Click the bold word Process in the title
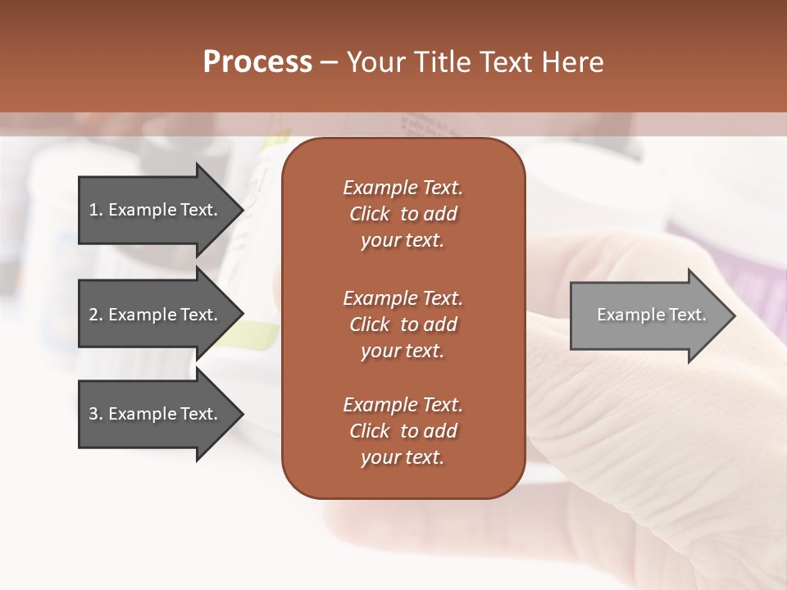coord(257,62)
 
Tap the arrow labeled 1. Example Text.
coord(156,210)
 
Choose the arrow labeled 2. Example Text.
coord(156,315)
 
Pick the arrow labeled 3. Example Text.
coord(156,414)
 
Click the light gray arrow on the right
coord(648,315)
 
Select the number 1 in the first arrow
coord(93,210)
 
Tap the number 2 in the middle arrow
coord(93,315)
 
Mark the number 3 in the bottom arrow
coord(93,414)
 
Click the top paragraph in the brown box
coord(403,214)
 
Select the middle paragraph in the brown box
coord(403,324)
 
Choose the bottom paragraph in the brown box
coord(403,431)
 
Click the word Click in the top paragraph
coord(369,214)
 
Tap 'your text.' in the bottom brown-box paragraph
coord(403,457)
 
